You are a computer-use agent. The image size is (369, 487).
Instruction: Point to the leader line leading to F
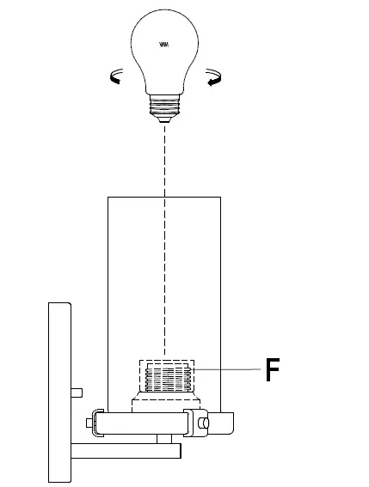tap(228, 368)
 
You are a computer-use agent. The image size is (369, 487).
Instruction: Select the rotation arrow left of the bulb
tap(114, 79)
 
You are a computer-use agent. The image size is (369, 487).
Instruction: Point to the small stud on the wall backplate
tap(76, 392)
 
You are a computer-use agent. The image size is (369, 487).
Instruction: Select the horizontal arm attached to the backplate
tap(125, 449)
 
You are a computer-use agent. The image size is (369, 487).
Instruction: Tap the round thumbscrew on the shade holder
tap(203, 423)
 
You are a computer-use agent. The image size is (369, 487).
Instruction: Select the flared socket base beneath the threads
tap(163, 403)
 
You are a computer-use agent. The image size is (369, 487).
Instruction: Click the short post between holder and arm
tap(163, 438)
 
